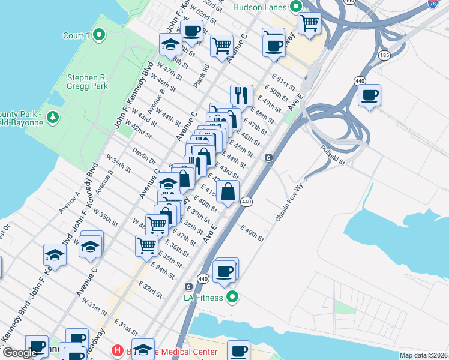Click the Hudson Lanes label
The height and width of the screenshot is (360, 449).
click(x=261, y=7)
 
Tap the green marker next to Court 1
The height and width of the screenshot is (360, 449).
click(x=100, y=35)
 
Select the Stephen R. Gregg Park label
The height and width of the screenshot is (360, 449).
click(x=88, y=82)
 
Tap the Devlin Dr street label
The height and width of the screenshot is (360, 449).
click(x=144, y=157)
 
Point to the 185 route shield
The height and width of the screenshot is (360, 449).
click(x=385, y=56)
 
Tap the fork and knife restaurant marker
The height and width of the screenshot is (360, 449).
click(x=241, y=95)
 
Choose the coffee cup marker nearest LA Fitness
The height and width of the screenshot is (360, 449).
click(x=224, y=271)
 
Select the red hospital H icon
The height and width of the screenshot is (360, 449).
click(x=118, y=350)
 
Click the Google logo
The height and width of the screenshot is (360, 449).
click(x=20, y=353)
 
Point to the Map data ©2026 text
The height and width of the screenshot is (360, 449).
click(x=424, y=355)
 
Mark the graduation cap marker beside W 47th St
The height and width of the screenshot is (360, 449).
click(x=170, y=44)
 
